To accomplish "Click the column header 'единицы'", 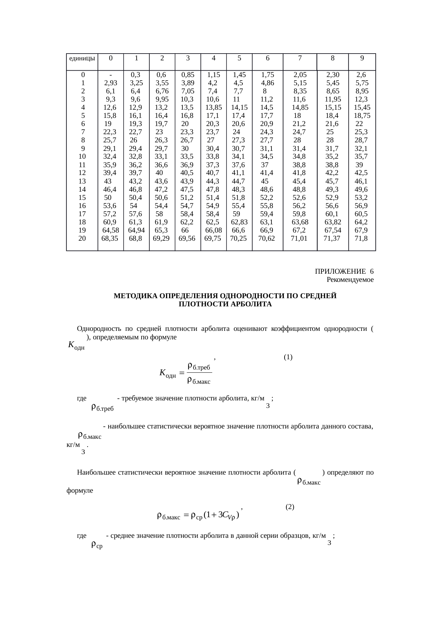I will (82, 58).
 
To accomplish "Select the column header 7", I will (300, 58).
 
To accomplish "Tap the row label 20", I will (82, 239).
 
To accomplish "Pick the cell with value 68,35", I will (110, 239).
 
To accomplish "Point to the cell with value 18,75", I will (362, 116).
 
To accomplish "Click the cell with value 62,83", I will (239, 222).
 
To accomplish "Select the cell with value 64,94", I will (136, 230).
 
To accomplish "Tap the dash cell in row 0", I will (111, 75).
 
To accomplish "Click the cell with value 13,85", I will (214, 108).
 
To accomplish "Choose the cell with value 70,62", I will (267, 239).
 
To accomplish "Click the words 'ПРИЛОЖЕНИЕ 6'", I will (344, 272).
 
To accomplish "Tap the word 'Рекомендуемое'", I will (350, 280).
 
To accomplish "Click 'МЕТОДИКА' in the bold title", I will (135, 296).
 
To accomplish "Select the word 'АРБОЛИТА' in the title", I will (254, 304).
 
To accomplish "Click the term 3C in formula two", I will (223, 515).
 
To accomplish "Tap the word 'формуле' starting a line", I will (79, 491).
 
